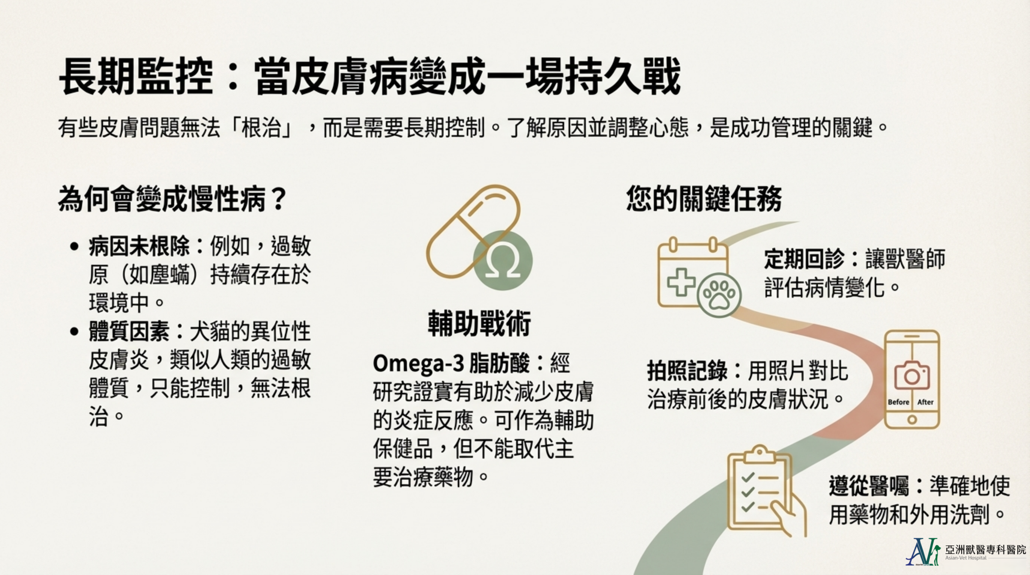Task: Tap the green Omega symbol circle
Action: pyautogui.click(x=503, y=260)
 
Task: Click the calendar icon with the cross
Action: pyautogui.click(x=692, y=272)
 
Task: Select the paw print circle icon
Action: pyautogui.click(x=719, y=295)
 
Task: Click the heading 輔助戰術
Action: pyautogui.click(x=479, y=323)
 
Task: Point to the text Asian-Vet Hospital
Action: pyautogui.click(x=966, y=558)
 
